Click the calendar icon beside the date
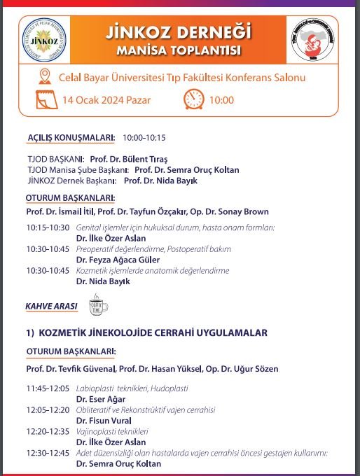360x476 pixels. tap(47, 99)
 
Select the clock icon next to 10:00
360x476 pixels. tap(193, 99)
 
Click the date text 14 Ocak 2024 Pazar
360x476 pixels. tap(106, 100)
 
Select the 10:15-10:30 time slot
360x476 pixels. tap(48, 227)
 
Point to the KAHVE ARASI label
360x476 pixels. tap(50, 306)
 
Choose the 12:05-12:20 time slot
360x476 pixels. tap(48, 409)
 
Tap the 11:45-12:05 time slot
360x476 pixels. tap(48, 388)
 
